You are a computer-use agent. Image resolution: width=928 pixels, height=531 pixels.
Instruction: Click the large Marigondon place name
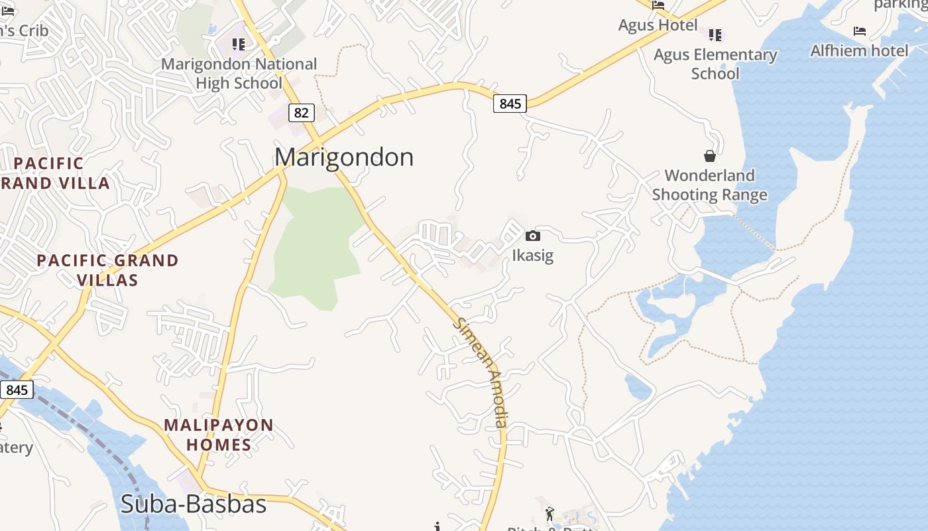click(344, 157)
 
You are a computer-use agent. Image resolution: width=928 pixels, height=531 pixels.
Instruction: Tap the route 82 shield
click(301, 113)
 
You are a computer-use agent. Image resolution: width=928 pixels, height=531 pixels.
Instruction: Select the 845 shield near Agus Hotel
click(510, 104)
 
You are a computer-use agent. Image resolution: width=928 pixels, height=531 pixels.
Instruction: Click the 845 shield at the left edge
click(17, 389)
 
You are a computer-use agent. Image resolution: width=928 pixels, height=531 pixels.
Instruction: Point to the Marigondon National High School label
click(239, 74)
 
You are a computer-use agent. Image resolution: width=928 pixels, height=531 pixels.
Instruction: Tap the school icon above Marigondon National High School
click(239, 44)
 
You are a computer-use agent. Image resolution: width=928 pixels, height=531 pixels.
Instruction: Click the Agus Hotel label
click(658, 25)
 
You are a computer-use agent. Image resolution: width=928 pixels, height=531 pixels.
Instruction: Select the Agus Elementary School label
click(715, 64)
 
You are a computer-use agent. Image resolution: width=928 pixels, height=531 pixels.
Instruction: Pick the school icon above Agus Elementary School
click(715, 35)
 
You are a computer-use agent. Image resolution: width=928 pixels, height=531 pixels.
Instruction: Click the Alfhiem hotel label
click(859, 50)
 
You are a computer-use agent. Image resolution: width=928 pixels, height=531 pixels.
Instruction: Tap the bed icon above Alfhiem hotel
click(860, 31)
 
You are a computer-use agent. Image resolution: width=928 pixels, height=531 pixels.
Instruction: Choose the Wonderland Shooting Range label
click(710, 185)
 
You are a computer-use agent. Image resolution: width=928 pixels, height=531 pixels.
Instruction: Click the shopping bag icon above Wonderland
click(710, 156)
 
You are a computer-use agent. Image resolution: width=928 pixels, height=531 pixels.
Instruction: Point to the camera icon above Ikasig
click(532, 236)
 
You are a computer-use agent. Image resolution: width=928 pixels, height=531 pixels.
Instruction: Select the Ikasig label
click(532, 256)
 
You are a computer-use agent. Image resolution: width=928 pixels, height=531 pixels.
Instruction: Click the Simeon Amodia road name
click(482, 372)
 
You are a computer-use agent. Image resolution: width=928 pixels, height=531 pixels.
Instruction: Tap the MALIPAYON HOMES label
click(219, 435)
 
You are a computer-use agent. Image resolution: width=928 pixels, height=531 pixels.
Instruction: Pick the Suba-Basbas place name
click(194, 504)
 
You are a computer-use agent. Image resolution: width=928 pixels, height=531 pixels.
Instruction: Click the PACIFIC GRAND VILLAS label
click(107, 270)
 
